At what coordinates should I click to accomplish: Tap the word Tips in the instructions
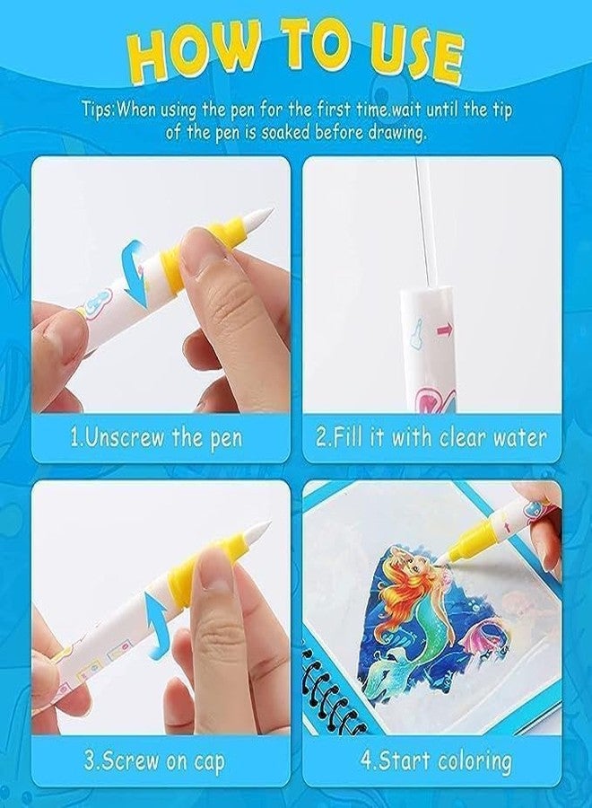tap(97, 110)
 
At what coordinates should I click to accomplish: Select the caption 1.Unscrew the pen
tap(156, 437)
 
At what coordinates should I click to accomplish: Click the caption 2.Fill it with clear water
tap(431, 437)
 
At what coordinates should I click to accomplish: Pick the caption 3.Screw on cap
tap(154, 761)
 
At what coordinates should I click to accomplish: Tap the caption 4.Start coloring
tap(436, 761)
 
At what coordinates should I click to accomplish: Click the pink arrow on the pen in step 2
tap(445, 329)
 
